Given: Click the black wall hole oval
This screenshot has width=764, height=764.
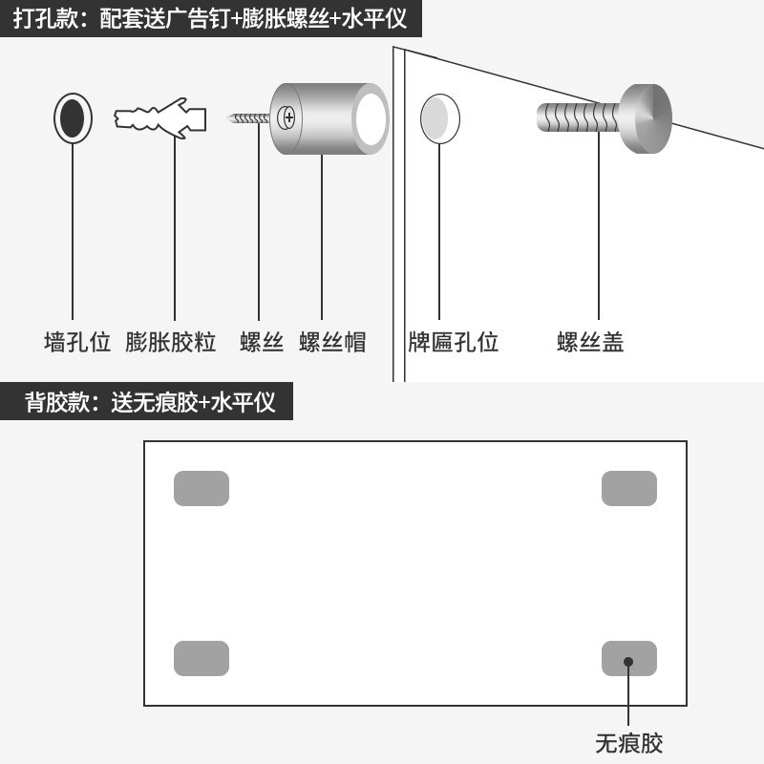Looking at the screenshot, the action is (x=73, y=118).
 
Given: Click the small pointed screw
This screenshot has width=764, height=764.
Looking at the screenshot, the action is (x=250, y=118).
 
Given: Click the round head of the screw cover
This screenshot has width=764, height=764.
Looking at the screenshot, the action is (x=647, y=117).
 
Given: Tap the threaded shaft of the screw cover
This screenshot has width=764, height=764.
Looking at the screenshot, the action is (x=578, y=118).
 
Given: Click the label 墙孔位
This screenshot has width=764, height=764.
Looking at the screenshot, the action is (x=77, y=342).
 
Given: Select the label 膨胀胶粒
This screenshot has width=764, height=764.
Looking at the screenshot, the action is (x=171, y=342).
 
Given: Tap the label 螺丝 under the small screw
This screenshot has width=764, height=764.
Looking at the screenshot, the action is (x=262, y=342).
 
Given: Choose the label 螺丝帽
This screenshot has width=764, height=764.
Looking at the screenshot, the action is (x=332, y=342).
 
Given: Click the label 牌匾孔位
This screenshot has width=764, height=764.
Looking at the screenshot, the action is (x=454, y=342).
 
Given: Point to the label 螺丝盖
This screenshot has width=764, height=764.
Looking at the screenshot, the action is (x=591, y=342).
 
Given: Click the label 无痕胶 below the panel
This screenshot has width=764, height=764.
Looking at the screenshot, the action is (x=628, y=743).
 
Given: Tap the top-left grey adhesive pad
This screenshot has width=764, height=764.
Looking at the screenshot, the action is (x=202, y=488).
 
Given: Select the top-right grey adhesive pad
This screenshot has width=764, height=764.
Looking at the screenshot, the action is (x=629, y=488).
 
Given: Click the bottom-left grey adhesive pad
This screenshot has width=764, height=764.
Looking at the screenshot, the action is (x=202, y=658).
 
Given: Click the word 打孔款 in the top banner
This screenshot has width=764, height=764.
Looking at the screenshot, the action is (x=46, y=19).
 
